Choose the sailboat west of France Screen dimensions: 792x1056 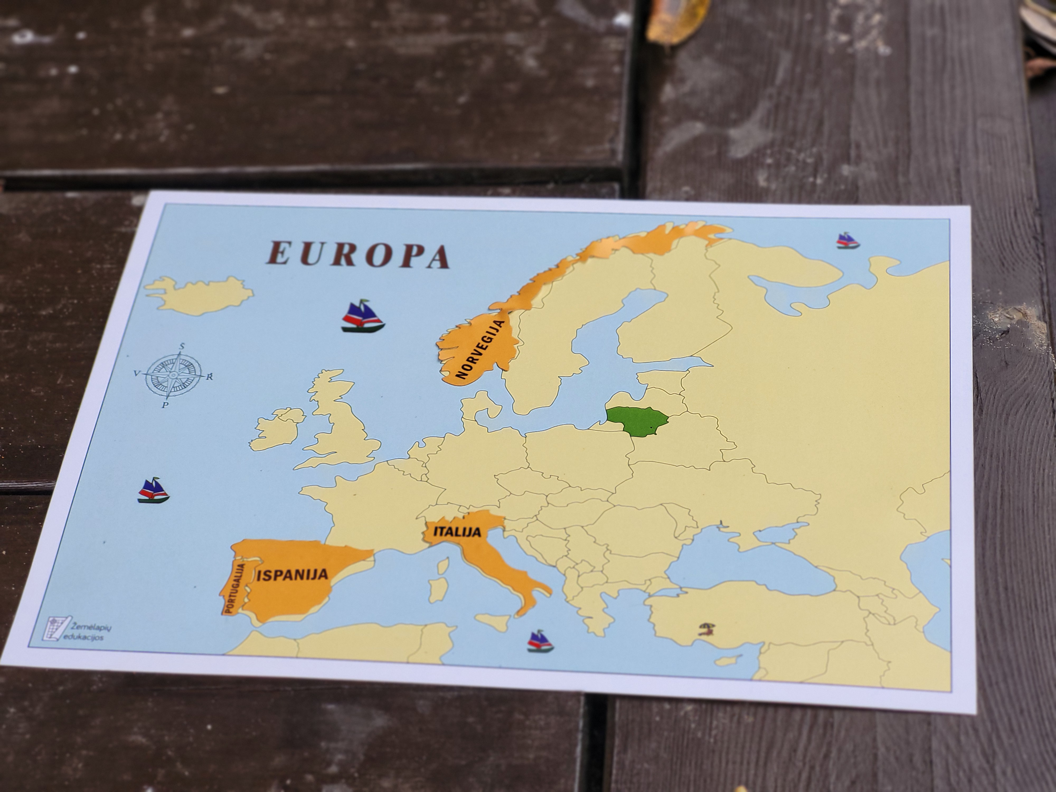[153, 490]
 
